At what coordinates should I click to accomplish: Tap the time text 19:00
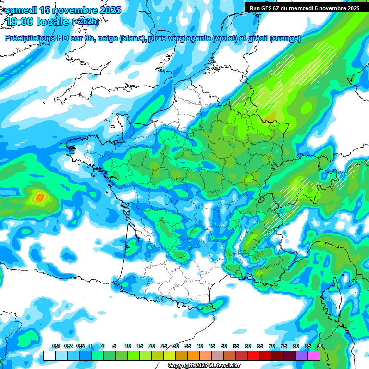click(x=22, y=21)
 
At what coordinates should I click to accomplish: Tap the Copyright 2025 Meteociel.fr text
click(x=204, y=366)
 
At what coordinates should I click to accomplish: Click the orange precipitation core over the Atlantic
click(x=39, y=197)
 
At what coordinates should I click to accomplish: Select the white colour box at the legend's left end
click(x=49, y=356)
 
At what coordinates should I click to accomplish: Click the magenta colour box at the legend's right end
click(x=314, y=356)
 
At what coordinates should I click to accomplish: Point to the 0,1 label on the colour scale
click(x=56, y=346)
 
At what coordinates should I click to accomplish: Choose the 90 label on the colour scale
click(x=320, y=346)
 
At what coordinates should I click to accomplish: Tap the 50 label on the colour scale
click(x=224, y=346)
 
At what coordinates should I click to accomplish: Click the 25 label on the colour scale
click(x=164, y=346)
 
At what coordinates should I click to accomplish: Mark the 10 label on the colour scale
click(x=128, y=346)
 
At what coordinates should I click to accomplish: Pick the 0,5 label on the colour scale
click(x=80, y=346)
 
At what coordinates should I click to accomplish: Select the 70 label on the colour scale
click(x=272, y=346)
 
